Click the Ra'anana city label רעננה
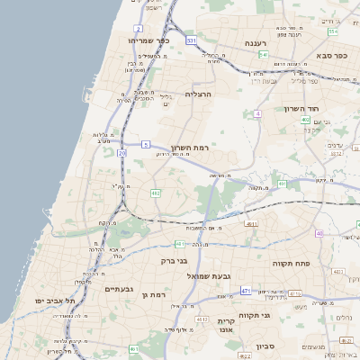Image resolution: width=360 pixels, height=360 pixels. click(260, 42)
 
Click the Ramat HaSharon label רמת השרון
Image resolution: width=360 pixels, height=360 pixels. click(189, 147)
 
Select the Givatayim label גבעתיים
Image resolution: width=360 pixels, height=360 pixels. click(120, 290)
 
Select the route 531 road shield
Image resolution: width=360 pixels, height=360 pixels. click(192, 40)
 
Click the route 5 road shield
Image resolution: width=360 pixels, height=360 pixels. click(146, 144)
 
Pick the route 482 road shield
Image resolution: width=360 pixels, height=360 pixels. click(156, 193)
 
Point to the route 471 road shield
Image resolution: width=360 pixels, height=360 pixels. click(245, 292)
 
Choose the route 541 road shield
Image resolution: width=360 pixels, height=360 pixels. click(264, 55)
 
